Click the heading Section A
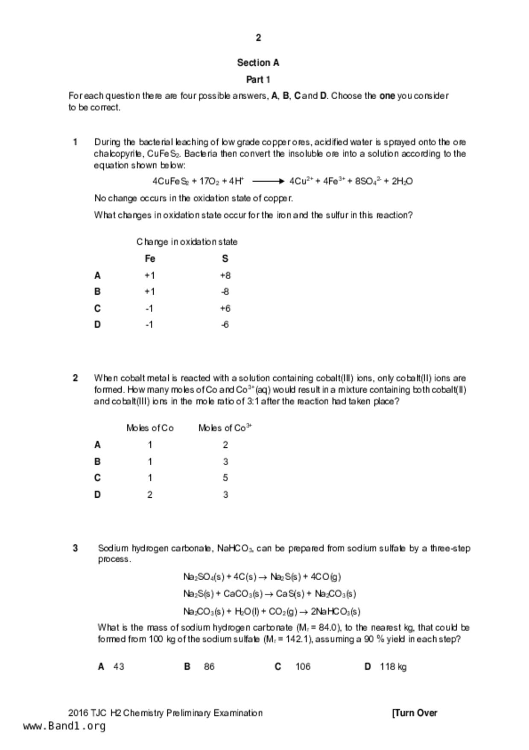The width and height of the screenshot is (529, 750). coord(258,63)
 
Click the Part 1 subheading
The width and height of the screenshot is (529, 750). coord(258,80)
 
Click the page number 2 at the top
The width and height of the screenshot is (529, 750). coord(258,38)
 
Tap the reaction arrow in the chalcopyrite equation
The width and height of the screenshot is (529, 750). coord(268,181)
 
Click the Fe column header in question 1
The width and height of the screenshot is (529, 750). coord(150,259)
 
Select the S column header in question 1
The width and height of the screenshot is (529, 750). coord(225,259)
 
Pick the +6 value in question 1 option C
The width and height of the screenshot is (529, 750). coord(225,308)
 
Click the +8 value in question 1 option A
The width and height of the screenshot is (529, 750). coord(225,275)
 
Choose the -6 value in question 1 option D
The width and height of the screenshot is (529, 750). coord(225,325)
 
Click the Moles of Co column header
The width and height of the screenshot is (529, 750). coord(150,428)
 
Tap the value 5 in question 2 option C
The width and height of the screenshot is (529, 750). coord(225,478)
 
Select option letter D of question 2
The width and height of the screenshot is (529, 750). coord(97,495)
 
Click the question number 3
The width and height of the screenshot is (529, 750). coord(75,548)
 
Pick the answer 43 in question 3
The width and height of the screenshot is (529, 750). coord(119,667)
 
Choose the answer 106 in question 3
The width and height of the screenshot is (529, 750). coord(303,667)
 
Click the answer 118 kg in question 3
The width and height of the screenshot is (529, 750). coord(393,667)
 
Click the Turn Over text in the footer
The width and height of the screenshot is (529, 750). coord(415,713)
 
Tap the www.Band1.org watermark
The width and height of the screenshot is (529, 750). coord(64,726)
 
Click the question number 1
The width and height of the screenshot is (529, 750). coord(75,142)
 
